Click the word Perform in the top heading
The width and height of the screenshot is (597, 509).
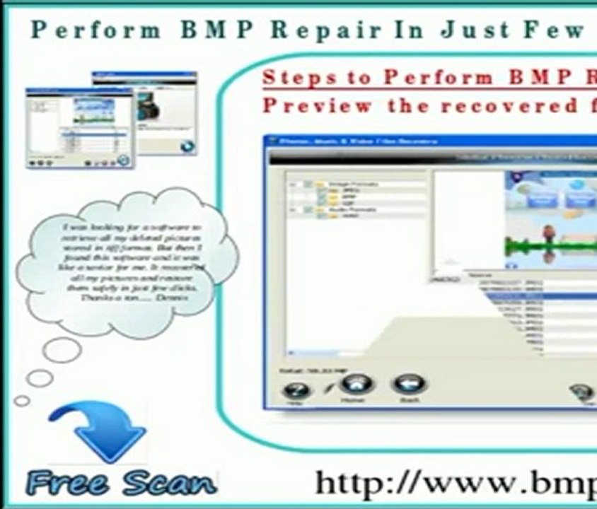point(96,30)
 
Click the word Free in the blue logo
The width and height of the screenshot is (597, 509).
point(68,484)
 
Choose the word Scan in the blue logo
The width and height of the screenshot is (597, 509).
point(167,484)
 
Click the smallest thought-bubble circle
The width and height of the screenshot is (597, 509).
point(22,401)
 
